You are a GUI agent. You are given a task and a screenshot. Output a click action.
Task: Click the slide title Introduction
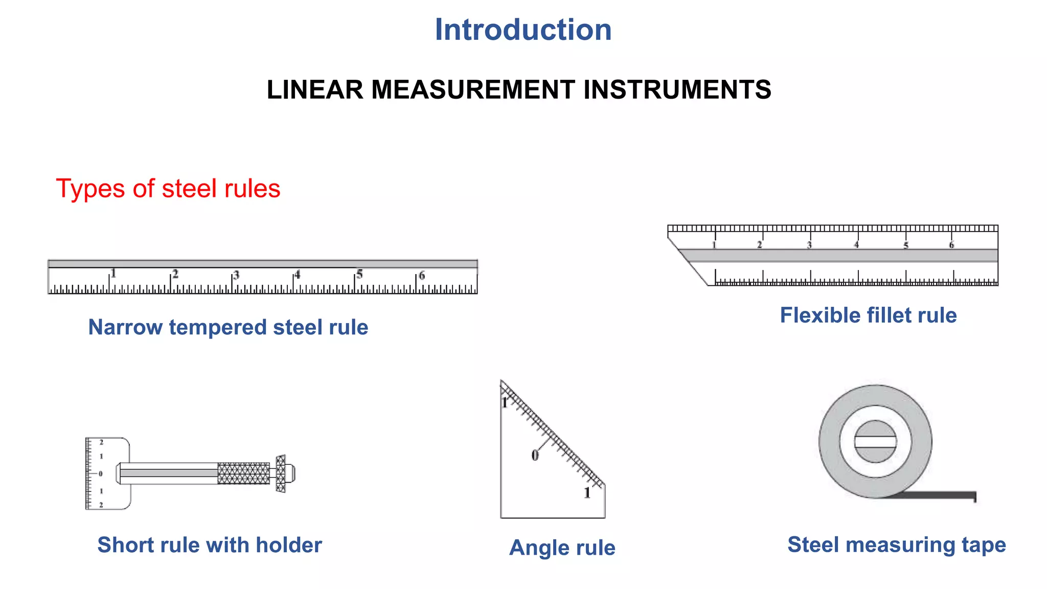pos(522,30)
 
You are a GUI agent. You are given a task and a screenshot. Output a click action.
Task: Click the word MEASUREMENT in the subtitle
pos(473,90)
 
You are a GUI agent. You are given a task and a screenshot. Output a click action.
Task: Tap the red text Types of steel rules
pos(168,189)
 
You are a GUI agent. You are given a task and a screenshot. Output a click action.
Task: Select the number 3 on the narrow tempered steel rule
pos(236,275)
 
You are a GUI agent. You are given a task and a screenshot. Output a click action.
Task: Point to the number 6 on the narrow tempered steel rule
pos(422,276)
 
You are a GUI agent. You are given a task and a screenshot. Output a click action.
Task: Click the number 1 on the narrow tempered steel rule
pos(113,274)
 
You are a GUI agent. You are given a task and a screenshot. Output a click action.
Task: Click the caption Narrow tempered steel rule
pos(228,327)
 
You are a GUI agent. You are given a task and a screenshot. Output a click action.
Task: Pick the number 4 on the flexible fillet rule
pos(857,245)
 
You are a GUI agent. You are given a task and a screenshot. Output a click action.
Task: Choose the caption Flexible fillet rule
pos(868,315)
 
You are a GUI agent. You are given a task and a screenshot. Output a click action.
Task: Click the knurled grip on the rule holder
pos(243,473)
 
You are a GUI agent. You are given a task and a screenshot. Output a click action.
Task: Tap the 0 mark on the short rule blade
pos(101,474)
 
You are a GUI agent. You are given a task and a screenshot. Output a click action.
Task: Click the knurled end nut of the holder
pos(281,473)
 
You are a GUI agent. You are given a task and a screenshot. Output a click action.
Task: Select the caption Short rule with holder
pos(210,545)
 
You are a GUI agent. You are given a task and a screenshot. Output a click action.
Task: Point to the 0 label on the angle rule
pos(535,455)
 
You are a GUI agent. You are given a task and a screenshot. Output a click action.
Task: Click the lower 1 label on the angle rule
pos(587,493)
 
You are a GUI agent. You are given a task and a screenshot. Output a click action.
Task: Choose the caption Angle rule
pos(562,548)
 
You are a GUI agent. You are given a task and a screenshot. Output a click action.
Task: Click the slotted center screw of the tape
pos(875,442)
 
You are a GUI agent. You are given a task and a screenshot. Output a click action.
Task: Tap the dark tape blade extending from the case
pos(941,495)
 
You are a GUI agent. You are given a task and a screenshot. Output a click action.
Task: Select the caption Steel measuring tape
pos(896,545)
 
